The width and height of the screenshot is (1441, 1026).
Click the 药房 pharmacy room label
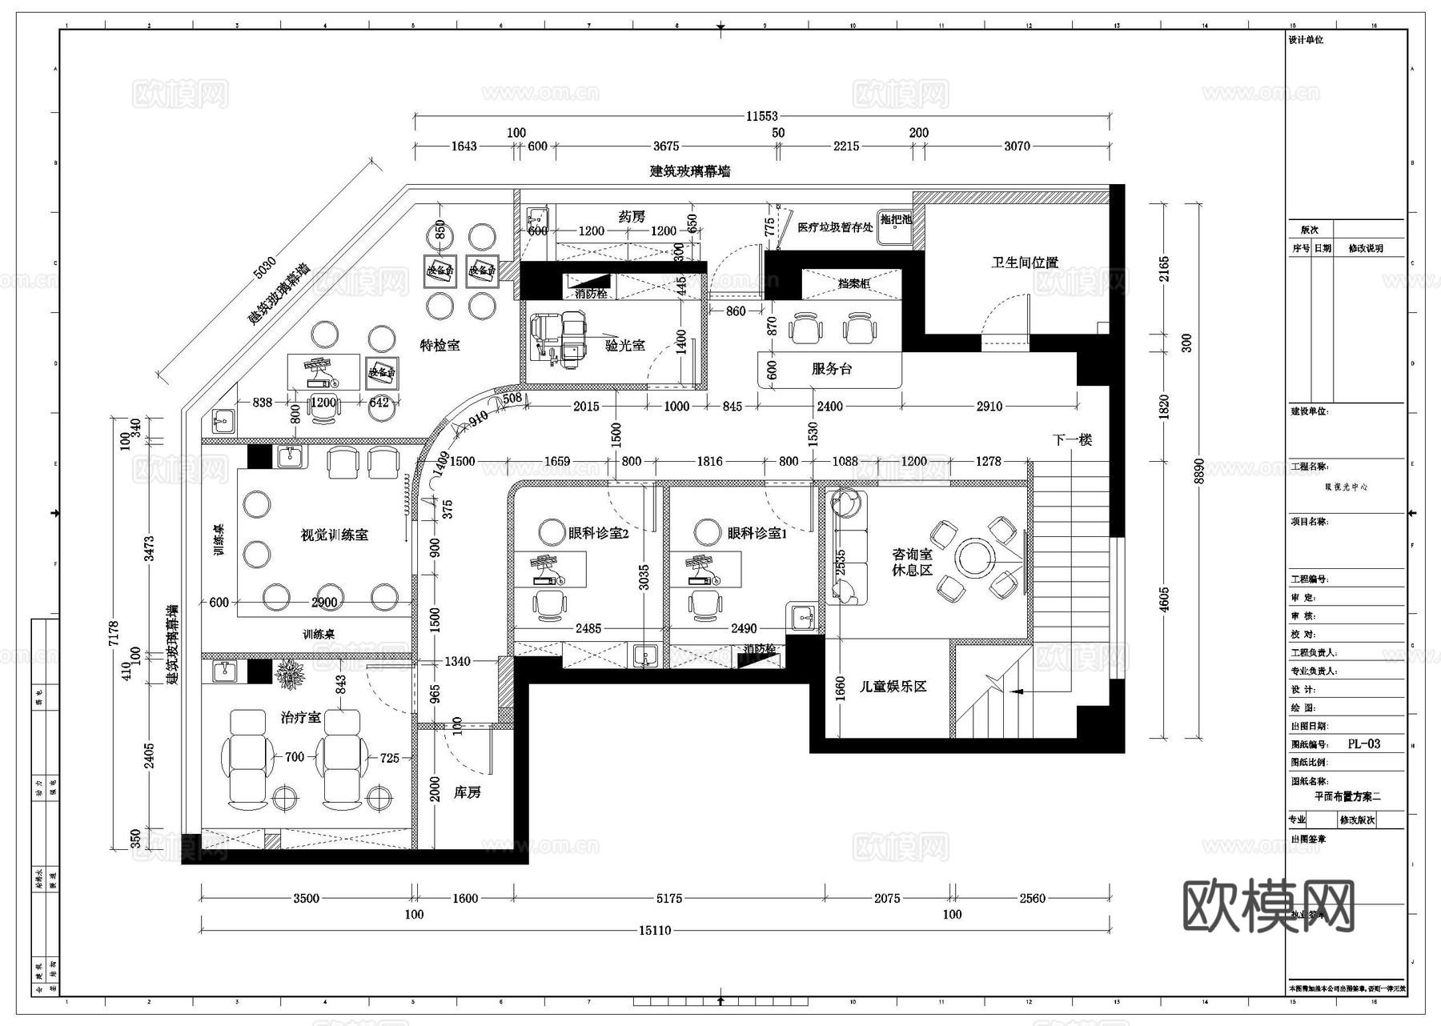point(632,217)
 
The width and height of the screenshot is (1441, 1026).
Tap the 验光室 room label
point(624,345)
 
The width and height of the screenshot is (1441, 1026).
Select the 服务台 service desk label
point(831,368)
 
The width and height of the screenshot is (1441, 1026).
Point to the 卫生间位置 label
point(1025,263)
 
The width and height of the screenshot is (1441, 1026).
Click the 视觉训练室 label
point(334,535)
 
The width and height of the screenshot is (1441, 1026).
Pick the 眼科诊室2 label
point(598,533)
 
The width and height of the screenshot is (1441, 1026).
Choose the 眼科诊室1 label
point(757,533)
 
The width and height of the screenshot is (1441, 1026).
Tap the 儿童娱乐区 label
point(893,686)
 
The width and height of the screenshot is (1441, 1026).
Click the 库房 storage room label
point(467,792)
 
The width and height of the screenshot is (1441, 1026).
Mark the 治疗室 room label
point(300,717)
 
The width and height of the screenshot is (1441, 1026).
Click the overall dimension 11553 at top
point(761,116)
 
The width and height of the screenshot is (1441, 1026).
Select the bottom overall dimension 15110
point(654,930)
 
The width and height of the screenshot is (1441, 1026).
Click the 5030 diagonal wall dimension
point(264,267)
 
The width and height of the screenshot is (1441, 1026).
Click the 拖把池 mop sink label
point(895,219)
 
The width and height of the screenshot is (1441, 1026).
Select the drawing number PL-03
point(1363,743)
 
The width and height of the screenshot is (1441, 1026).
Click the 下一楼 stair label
point(1071,439)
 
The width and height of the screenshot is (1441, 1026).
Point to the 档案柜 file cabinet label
point(853,283)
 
